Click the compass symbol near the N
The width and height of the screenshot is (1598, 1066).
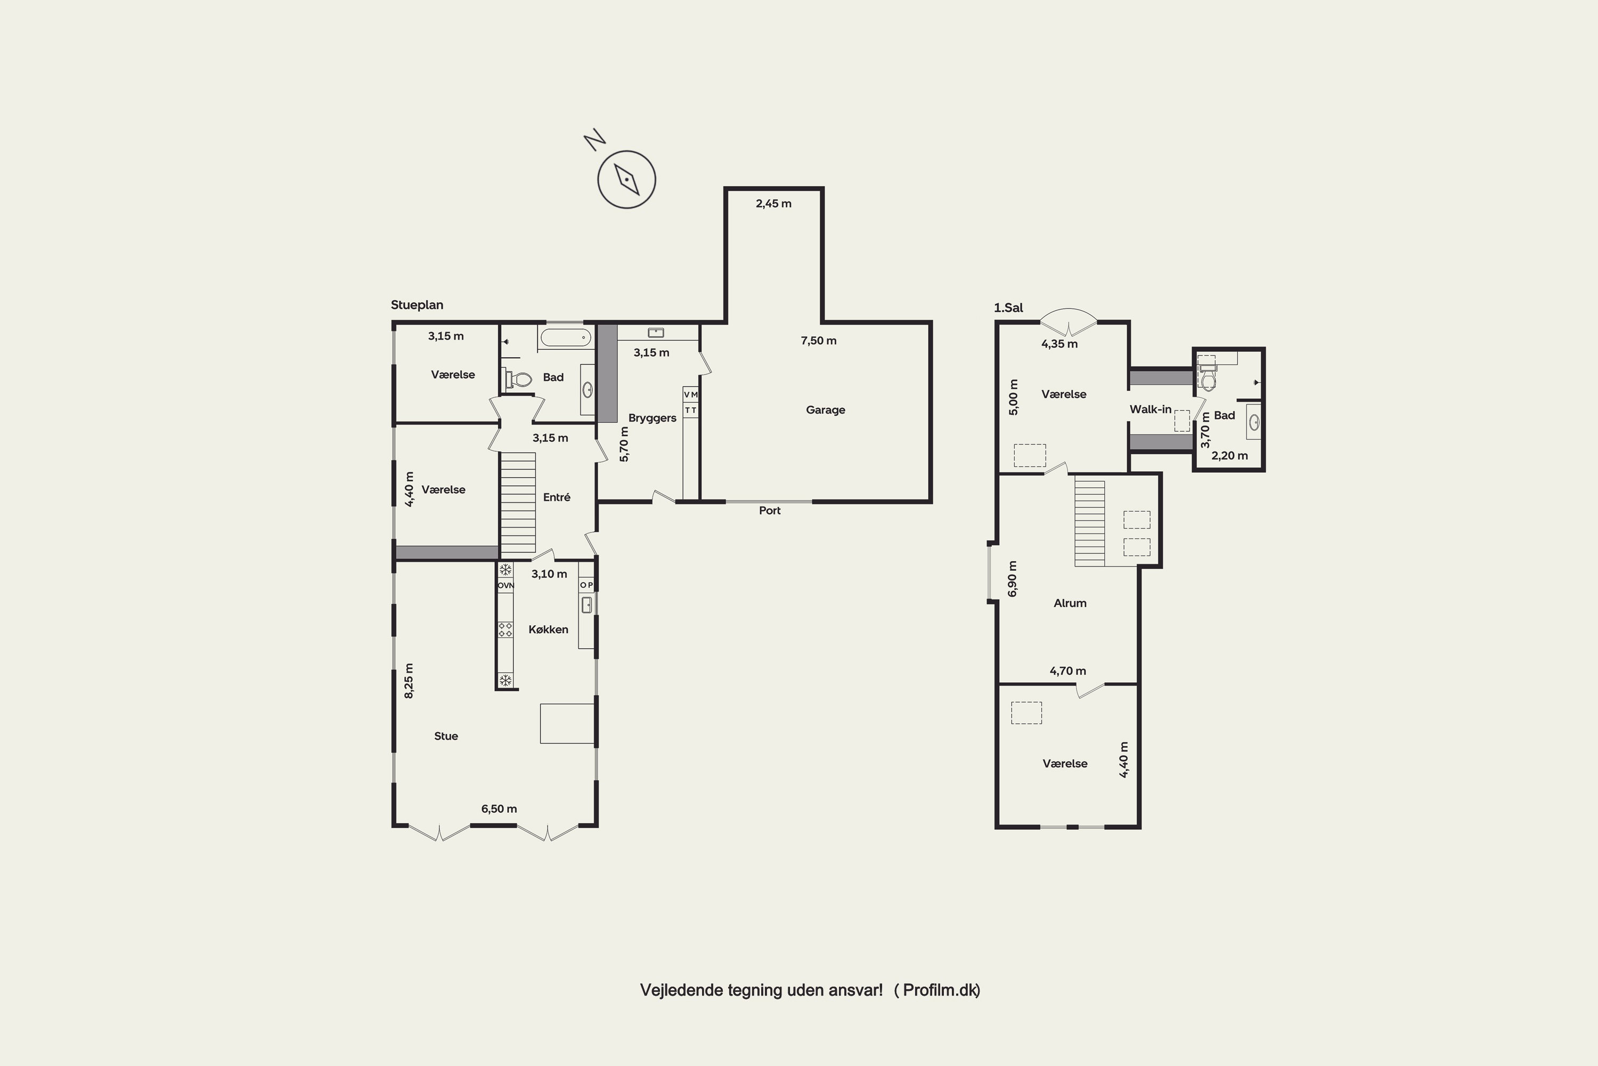626,180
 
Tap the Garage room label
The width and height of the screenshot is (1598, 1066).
826,410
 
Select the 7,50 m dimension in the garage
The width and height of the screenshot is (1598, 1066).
818,341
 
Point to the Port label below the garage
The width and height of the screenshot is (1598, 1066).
770,511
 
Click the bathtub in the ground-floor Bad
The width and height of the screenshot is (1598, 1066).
565,337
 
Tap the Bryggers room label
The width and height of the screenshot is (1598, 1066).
652,418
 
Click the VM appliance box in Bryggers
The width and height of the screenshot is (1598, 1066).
690,394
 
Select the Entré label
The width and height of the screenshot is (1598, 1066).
557,497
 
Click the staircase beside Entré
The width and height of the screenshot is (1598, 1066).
518,503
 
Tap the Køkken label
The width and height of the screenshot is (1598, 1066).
548,629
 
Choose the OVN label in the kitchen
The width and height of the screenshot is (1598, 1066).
506,585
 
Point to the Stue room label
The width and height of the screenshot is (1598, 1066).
446,736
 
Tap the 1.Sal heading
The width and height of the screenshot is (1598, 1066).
1008,308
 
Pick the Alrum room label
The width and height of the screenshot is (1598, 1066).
1070,603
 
